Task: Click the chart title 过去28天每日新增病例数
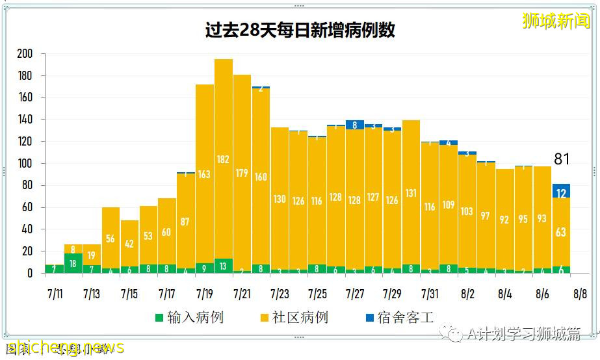[x=300, y=30]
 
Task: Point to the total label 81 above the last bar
[x=562, y=159]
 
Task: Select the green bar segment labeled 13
[x=224, y=266]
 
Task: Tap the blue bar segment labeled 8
[x=355, y=125]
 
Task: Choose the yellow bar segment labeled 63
[x=561, y=232]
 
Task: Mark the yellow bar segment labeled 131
[x=411, y=193]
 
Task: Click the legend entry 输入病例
[x=189, y=318]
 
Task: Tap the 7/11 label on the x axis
[x=55, y=294]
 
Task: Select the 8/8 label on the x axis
[x=580, y=294]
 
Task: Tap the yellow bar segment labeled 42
[x=130, y=244]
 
